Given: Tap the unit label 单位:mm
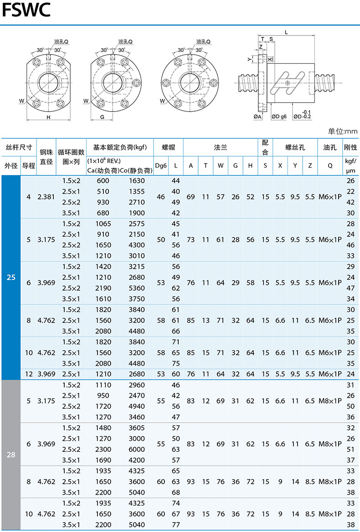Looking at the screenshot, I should click(343, 131).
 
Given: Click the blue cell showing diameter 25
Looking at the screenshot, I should click(11, 277).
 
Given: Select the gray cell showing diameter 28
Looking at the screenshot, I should click(11, 455).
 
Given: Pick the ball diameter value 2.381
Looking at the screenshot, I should click(46, 197).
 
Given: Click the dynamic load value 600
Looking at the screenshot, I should click(103, 181).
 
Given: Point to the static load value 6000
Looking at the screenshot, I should click(137, 450).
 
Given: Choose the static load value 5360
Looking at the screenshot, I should click(137, 288).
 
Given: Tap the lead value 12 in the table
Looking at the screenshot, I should click(29, 374).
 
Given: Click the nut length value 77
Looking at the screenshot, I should click(176, 525).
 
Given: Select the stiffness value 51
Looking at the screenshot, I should click(350, 450).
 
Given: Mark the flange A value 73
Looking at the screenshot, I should click(190, 240).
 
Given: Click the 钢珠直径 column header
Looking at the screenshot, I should click(46, 156).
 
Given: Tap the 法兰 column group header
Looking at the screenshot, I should click(221, 148).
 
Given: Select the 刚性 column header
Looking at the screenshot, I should click(350, 148).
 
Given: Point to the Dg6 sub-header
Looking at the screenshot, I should click(161, 166).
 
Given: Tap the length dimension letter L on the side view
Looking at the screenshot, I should click(285, 32).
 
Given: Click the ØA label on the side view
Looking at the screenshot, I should click(258, 117).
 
